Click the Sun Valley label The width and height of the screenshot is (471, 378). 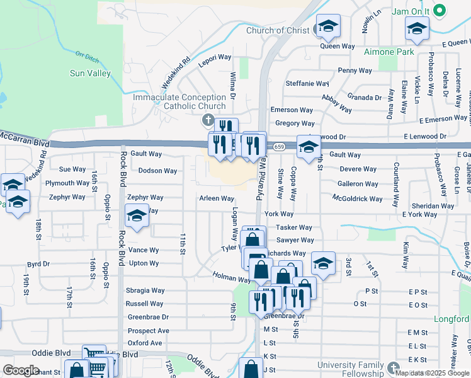point(90,74)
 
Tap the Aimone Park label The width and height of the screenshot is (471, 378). point(389,52)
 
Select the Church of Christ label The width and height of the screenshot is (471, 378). point(278,30)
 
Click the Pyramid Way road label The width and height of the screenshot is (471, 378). point(259,180)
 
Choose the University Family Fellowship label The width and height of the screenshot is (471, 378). point(350,370)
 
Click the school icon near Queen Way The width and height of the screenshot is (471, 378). point(327,26)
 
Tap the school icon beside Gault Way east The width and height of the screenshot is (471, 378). point(309,147)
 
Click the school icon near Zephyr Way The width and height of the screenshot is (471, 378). point(137,215)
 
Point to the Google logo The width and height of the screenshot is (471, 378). point(21,370)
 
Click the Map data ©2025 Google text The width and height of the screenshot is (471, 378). point(432,372)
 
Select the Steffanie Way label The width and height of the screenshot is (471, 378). point(307,84)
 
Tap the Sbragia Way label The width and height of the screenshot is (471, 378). point(145,290)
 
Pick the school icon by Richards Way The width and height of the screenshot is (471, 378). point(323,263)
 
